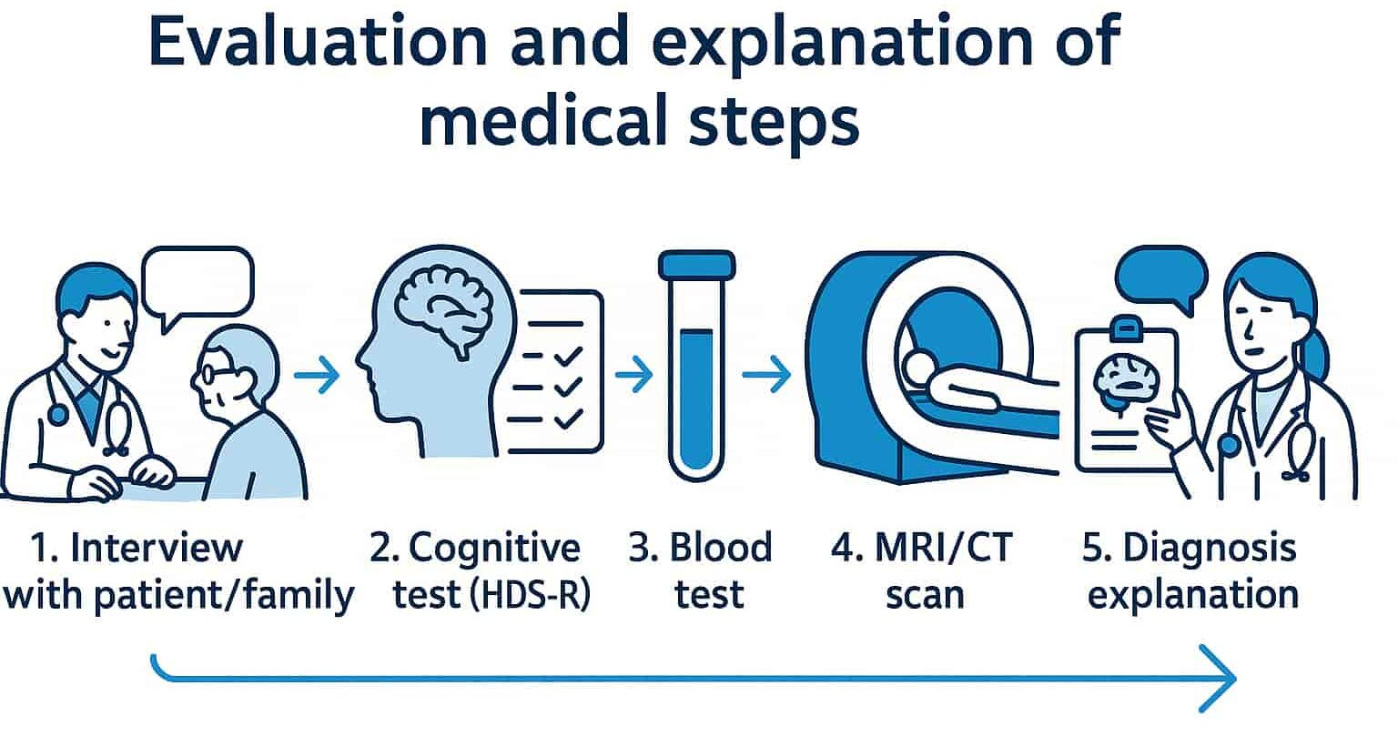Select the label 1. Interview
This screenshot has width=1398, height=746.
pos(137,549)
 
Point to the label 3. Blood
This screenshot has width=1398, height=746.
pos(700,549)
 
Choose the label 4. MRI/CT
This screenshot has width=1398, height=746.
pos(921,549)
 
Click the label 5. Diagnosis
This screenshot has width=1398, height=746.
pos(1189,549)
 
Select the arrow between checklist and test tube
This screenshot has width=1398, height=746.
pos(633,374)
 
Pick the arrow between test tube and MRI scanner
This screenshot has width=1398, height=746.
pos(765,374)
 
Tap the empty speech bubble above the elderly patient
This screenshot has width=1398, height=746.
pos(199,282)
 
